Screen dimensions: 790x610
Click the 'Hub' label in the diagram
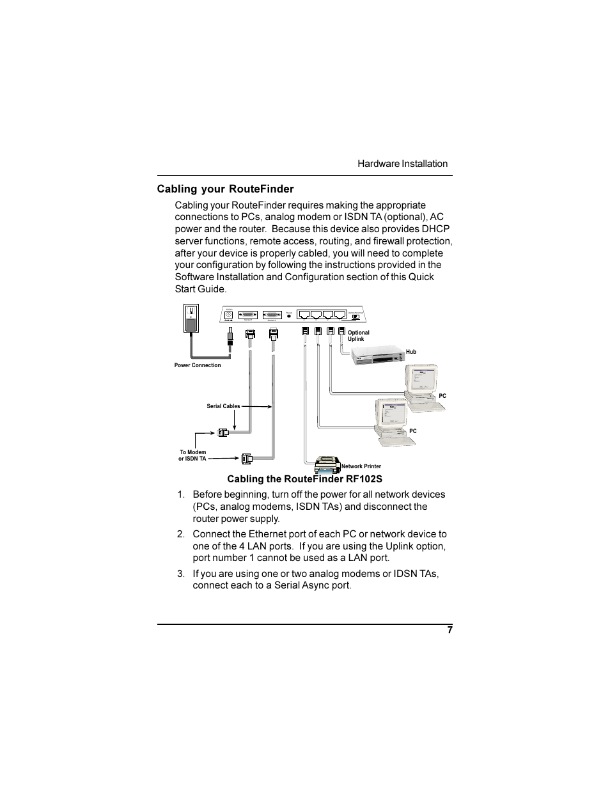click(x=411, y=352)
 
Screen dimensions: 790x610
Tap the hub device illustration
click(x=377, y=354)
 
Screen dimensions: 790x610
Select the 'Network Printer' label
click(x=361, y=466)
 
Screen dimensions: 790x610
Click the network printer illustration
click(x=327, y=463)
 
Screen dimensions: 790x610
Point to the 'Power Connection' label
click(x=198, y=365)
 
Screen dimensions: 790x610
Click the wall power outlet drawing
click(x=191, y=319)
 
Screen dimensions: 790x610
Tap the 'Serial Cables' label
click(x=223, y=406)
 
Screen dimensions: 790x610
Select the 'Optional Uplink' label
click(x=358, y=336)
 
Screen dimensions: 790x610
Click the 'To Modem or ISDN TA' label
click(x=192, y=455)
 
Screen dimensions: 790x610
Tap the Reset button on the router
click(x=289, y=315)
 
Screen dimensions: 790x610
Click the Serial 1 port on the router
click(x=248, y=315)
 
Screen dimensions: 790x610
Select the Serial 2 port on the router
click(x=272, y=315)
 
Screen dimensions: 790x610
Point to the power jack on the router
click(x=228, y=315)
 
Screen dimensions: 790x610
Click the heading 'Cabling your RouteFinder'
click(x=226, y=189)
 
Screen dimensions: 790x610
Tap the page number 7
click(x=450, y=630)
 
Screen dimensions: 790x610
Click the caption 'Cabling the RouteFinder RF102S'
click(x=304, y=479)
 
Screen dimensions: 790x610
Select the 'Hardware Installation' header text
click(x=402, y=164)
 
